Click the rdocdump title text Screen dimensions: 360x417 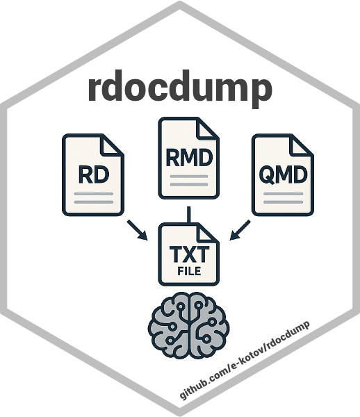180,88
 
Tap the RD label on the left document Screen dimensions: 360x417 94,174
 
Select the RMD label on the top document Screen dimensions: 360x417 189,158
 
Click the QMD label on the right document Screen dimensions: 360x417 283,174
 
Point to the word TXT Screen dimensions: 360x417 189,254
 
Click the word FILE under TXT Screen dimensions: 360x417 189,271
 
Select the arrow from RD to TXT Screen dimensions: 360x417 138,230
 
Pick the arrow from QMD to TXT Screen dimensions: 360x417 240,230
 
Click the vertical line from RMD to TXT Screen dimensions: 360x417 189,215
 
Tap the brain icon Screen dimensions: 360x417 189,325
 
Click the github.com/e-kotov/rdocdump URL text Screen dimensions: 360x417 245,360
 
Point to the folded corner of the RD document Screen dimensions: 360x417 112,145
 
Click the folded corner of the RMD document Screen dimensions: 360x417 207,129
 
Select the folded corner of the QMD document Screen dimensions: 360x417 302,145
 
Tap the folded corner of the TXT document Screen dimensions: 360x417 208,234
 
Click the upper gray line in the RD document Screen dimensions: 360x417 94,194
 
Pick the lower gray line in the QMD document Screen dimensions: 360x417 283,202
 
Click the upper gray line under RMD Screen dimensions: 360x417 189,177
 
